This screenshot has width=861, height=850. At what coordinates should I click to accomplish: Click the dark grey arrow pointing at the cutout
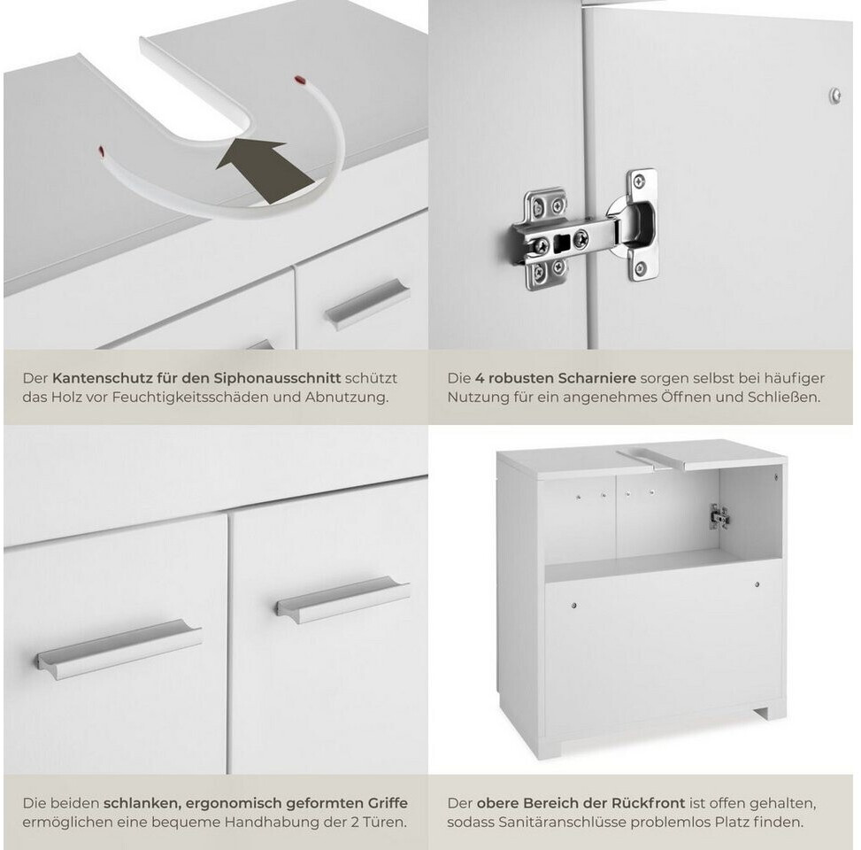[264, 170]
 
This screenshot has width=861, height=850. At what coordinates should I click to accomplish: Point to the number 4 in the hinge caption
[480, 378]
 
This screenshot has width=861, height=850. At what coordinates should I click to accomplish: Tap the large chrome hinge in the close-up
[585, 230]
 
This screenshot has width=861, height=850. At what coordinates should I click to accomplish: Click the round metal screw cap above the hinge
[834, 96]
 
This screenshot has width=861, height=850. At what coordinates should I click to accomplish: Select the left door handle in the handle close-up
[119, 649]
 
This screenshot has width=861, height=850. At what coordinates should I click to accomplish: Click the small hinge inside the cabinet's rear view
[719, 516]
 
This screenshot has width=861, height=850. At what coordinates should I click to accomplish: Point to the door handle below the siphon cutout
[367, 304]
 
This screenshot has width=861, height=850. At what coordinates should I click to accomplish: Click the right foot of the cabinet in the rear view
[767, 712]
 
